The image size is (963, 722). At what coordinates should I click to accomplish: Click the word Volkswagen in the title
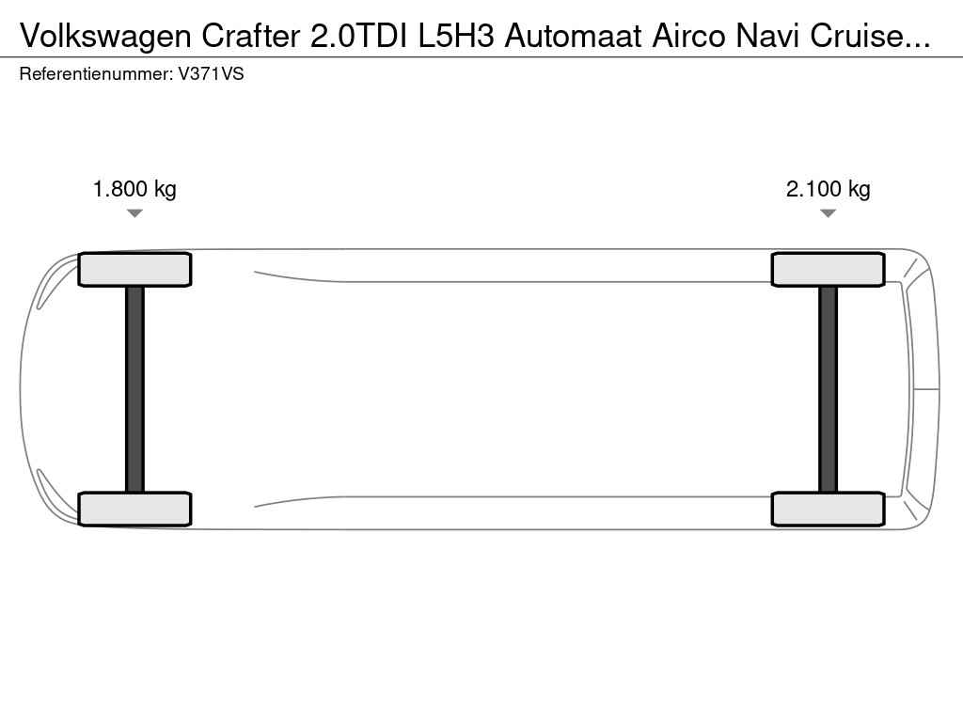105,37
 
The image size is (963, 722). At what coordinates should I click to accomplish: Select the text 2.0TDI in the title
358,36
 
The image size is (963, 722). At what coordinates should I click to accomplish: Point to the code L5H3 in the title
456,36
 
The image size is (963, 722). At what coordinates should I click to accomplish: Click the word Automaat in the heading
573,36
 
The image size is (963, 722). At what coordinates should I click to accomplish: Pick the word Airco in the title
688,36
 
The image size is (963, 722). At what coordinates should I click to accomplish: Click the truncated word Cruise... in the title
870,36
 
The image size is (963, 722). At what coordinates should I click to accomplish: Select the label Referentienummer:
97,74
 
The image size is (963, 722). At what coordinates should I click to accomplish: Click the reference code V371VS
211,74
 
